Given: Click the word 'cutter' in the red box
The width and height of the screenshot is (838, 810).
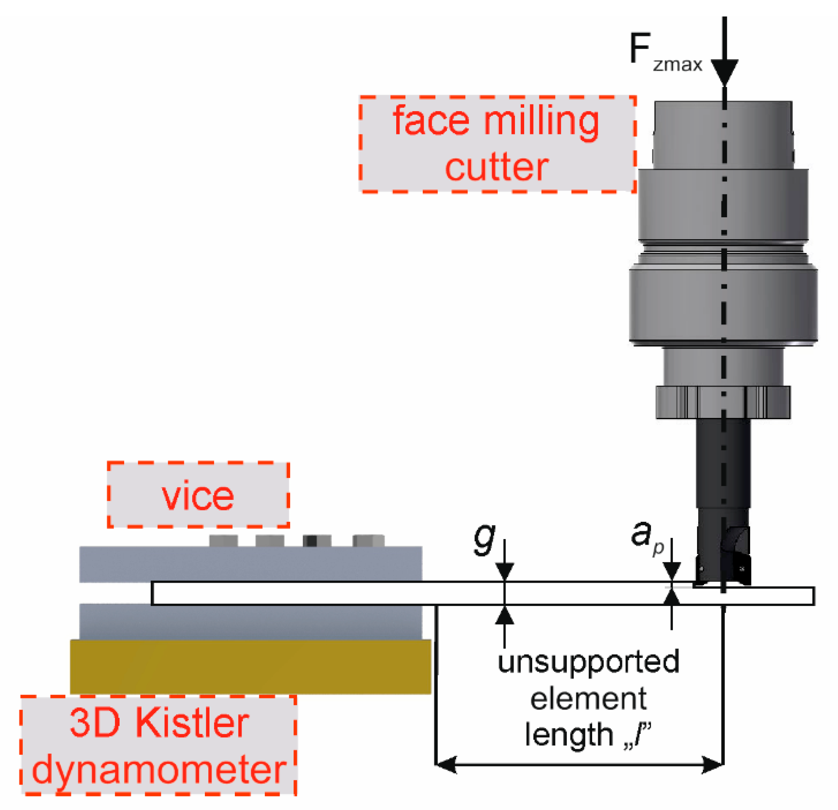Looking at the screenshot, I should [x=496, y=167].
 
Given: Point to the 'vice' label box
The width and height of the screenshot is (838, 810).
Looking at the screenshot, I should [x=198, y=495].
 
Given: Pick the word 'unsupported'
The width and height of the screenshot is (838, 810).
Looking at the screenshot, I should [x=588, y=662].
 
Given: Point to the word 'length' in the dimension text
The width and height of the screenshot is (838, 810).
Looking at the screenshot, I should [x=569, y=735].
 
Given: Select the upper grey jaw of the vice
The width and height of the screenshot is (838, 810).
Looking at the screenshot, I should [x=250, y=564].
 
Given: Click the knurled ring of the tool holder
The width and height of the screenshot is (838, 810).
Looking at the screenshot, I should [x=723, y=402].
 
